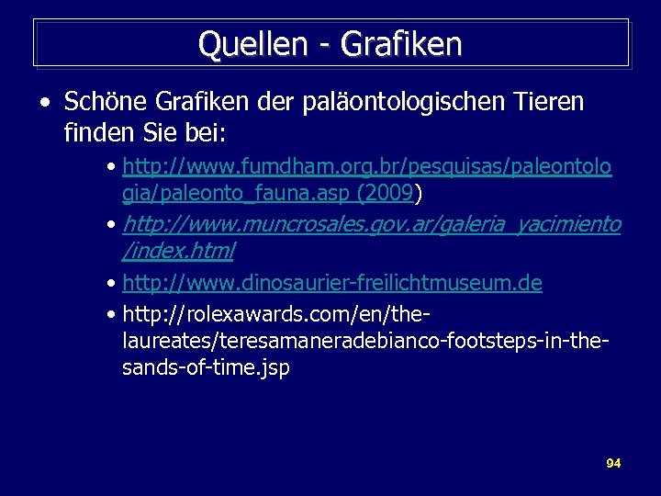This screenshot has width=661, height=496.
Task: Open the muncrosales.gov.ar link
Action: [371, 224]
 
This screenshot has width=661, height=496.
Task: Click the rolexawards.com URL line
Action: [275, 315]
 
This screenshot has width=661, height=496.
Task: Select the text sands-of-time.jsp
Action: [206, 367]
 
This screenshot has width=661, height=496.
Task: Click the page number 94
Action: [613, 463]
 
